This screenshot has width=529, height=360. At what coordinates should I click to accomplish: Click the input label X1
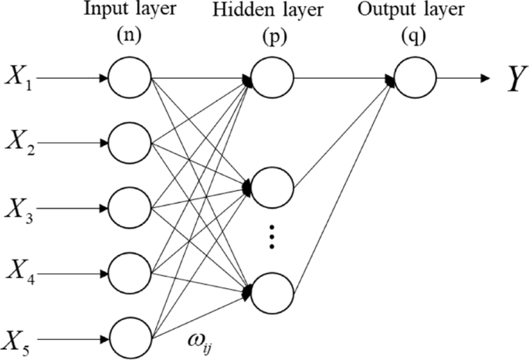(18, 78)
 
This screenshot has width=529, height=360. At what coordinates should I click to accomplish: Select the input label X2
(19, 144)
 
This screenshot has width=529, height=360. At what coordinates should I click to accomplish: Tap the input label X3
(19, 209)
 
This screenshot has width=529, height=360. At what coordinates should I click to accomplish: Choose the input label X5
(19, 340)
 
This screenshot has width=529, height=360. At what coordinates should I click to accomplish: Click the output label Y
(511, 79)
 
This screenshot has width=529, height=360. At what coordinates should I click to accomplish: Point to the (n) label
(129, 36)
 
